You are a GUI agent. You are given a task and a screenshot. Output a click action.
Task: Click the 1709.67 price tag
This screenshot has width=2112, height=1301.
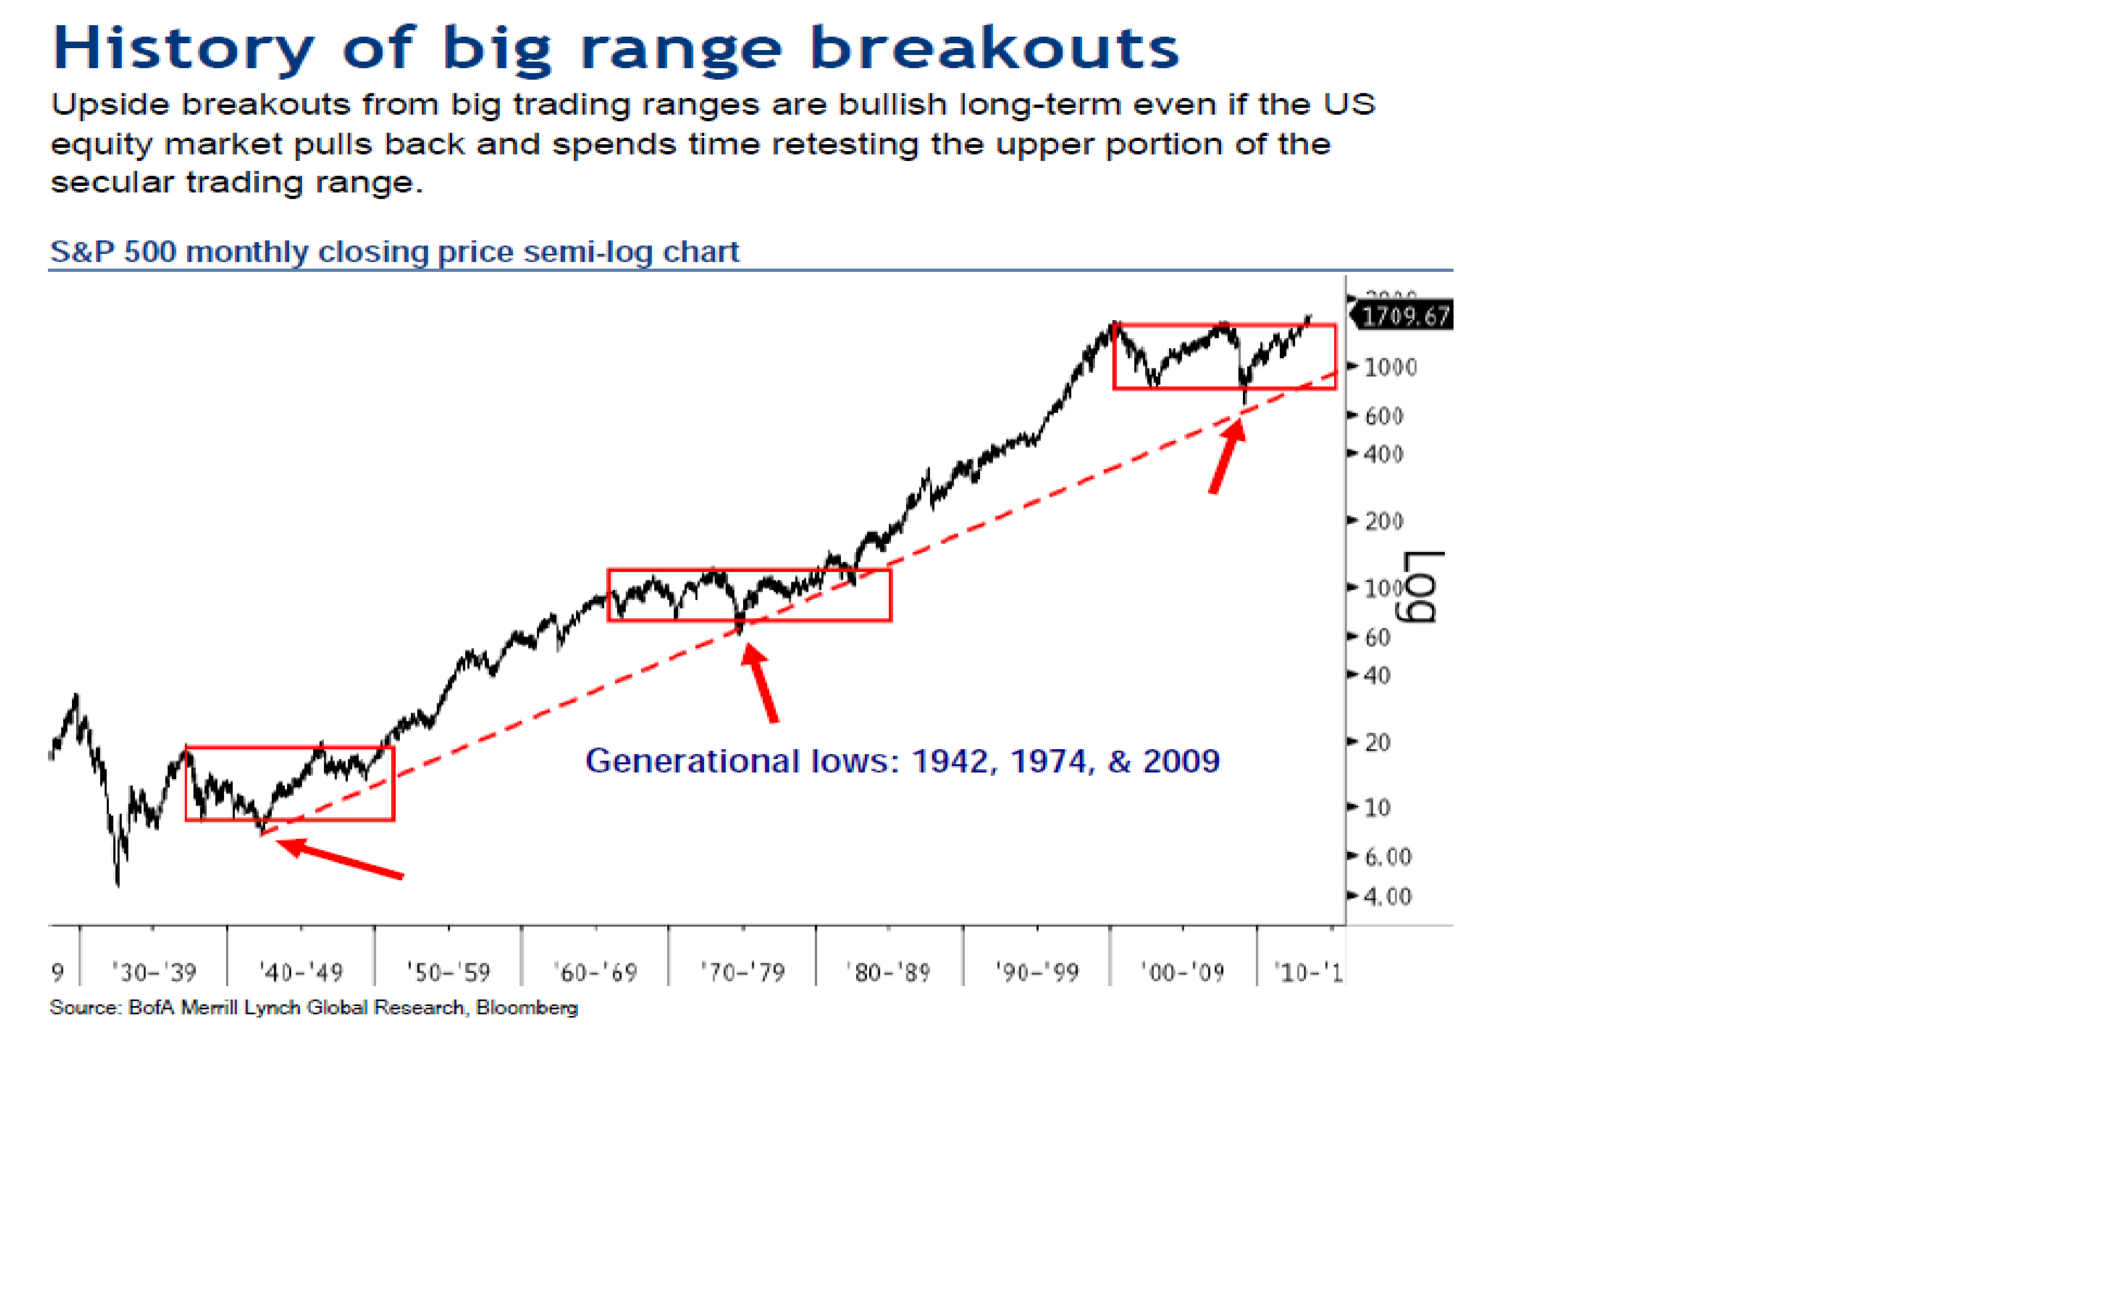coord(1405,316)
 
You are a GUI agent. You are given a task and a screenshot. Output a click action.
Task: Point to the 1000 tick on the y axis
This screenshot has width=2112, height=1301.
coord(1389,367)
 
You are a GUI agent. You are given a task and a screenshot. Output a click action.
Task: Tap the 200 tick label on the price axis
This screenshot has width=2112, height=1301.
coord(1383,521)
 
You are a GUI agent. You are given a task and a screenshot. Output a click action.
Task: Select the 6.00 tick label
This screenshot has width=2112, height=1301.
coord(1387,857)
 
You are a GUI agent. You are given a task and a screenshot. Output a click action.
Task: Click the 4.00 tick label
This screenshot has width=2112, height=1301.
coord(1387,897)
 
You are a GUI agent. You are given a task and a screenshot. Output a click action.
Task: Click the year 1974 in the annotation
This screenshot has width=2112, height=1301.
coord(1051,761)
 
